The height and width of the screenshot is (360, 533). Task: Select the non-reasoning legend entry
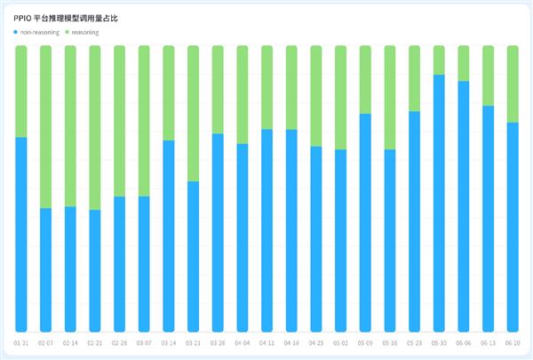tap(38, 32)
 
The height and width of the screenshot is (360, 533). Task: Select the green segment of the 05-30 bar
tap(439, 60)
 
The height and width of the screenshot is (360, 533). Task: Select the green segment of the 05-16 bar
tap(389, 98)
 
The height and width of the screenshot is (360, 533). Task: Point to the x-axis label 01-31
tap(21, 342)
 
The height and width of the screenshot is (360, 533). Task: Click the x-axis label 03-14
tap(169, 342)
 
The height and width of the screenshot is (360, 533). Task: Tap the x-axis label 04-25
tap(316, 342)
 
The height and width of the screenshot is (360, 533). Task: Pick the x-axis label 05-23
tap(414, 342)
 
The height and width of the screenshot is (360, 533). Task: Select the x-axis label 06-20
tap(513, 342)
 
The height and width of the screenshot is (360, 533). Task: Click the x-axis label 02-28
tap(120, 342)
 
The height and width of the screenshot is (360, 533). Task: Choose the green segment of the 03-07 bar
tap(144, 121)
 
